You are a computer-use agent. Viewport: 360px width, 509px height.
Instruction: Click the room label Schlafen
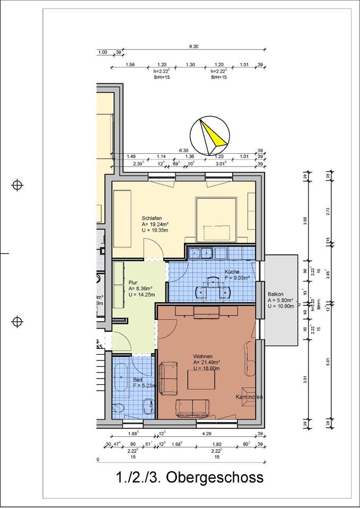151,218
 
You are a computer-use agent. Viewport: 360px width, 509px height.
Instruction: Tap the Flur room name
133,283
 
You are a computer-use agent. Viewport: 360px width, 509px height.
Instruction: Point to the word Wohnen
203,356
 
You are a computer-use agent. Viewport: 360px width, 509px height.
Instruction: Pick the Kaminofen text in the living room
249,397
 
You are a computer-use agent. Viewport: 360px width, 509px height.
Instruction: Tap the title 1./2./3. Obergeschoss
189,477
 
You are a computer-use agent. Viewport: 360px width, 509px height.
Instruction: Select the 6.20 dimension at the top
194,47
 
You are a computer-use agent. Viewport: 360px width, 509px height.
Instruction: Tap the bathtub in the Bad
121,378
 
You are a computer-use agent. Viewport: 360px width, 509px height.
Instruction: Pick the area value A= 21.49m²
207,362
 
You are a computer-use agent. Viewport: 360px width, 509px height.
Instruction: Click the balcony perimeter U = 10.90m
281,306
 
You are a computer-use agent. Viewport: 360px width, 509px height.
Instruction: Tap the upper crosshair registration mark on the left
18,185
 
